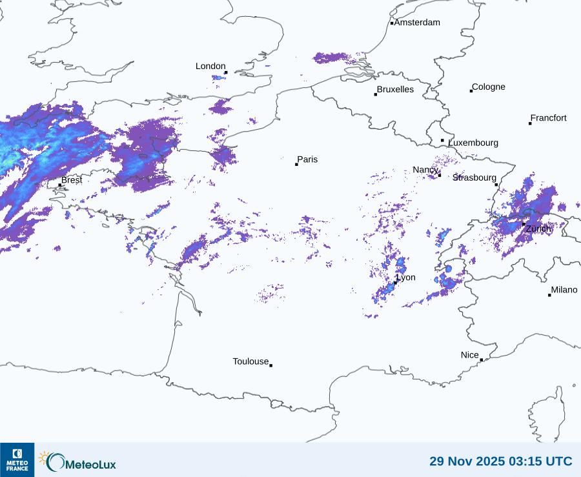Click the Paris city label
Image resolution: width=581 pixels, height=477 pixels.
307,159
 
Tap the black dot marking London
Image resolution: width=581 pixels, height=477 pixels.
226,72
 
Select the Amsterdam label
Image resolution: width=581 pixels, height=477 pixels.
417,23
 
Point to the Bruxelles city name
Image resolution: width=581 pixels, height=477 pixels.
395,90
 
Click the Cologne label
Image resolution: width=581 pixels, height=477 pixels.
489,87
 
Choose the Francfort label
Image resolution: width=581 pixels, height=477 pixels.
548,118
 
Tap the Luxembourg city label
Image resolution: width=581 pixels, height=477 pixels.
473,143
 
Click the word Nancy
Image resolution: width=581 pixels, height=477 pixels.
425,170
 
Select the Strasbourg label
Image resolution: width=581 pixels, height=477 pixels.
474,178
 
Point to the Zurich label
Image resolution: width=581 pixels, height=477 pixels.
538,228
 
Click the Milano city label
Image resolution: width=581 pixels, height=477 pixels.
564,290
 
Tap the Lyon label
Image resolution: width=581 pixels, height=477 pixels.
406,278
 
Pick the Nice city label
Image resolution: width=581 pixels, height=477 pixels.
470,355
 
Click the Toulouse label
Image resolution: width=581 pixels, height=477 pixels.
250,361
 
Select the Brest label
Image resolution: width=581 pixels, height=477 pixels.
72,180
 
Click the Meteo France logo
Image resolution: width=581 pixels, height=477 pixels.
17,460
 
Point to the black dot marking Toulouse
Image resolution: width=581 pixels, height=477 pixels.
270,365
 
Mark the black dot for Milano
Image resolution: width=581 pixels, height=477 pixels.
549,295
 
